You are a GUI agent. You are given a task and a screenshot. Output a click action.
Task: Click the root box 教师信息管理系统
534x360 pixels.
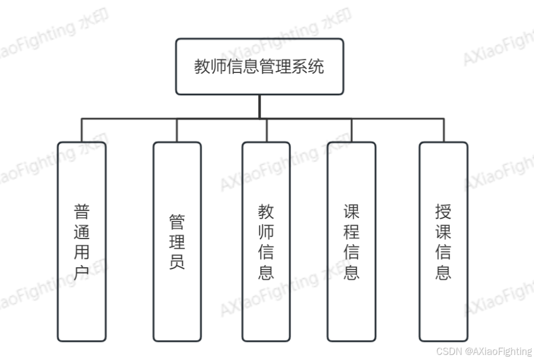pos(259,67)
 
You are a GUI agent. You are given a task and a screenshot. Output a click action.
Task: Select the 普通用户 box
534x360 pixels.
pos(81,241)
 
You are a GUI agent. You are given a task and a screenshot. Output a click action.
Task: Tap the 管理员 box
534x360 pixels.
pos(177,241)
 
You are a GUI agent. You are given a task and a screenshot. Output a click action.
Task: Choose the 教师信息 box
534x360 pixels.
pos(266,241)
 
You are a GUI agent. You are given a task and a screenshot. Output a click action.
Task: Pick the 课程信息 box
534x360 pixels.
pos(351,241)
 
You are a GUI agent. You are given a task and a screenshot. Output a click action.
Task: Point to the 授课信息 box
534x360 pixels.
pos(444,241)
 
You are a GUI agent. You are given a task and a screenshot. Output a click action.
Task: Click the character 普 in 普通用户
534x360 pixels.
pos(81,212)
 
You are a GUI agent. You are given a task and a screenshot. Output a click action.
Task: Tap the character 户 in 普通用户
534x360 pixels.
pos(81,274)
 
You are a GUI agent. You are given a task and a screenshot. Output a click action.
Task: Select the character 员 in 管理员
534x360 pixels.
pos(177,262)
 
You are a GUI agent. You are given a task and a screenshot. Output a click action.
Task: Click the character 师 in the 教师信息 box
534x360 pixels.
pos(266,232)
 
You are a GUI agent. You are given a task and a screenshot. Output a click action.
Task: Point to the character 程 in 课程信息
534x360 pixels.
pos(351,232)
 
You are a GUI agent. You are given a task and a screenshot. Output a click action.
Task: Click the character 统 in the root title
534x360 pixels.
pos(317,67)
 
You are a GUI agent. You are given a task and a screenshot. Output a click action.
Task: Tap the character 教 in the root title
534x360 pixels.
pos(202,67)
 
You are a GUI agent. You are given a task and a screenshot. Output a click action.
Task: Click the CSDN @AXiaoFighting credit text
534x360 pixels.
pos(484,352)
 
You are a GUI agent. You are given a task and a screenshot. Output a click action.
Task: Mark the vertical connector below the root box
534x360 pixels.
pos(259,106)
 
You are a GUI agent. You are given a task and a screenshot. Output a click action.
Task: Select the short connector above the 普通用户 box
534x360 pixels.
pos(81,130)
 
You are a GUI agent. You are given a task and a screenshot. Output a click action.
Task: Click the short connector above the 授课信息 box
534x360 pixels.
pos(444,130)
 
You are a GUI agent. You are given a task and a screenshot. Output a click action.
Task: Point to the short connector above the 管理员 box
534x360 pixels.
pos(177,130)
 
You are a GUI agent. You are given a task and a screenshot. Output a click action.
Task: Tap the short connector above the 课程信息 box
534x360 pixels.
pos(351,130)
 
